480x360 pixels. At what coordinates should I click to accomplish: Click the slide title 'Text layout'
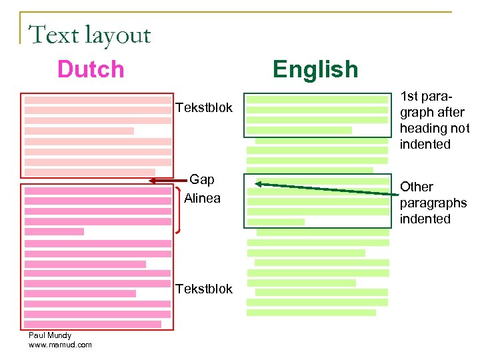tap(90, 35)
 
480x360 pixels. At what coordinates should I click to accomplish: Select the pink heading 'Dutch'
tap(91, 69)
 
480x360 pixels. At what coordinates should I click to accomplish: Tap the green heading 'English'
tap(315, 69)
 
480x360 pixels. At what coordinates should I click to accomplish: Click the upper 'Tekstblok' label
tap(204, 107)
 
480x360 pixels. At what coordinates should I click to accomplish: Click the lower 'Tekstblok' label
tap(204, 289)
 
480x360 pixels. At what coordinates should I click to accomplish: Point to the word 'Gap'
tap(202, 179)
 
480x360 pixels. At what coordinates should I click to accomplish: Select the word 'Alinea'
tap(202, 198)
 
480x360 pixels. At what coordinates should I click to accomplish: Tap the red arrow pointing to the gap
tap(163, 180)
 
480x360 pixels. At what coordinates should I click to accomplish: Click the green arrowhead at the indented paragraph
tap(260, 184)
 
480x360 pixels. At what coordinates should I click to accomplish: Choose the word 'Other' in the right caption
tap(417, 187)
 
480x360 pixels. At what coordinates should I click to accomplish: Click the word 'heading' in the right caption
tap(424, 129)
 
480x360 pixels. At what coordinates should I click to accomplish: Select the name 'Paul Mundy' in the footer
tap(50, 335)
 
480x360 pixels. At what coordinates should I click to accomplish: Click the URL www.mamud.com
tap(60, 345)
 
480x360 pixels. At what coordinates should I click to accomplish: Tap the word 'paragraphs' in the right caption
tap(433, 203)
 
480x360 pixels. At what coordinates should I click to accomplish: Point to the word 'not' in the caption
tap(461, 129)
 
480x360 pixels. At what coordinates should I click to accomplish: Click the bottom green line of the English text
tap(311, 312)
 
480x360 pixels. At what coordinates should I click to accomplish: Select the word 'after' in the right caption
tap(449, 113)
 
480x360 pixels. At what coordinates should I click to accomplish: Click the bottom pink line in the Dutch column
tap(93, 324)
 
